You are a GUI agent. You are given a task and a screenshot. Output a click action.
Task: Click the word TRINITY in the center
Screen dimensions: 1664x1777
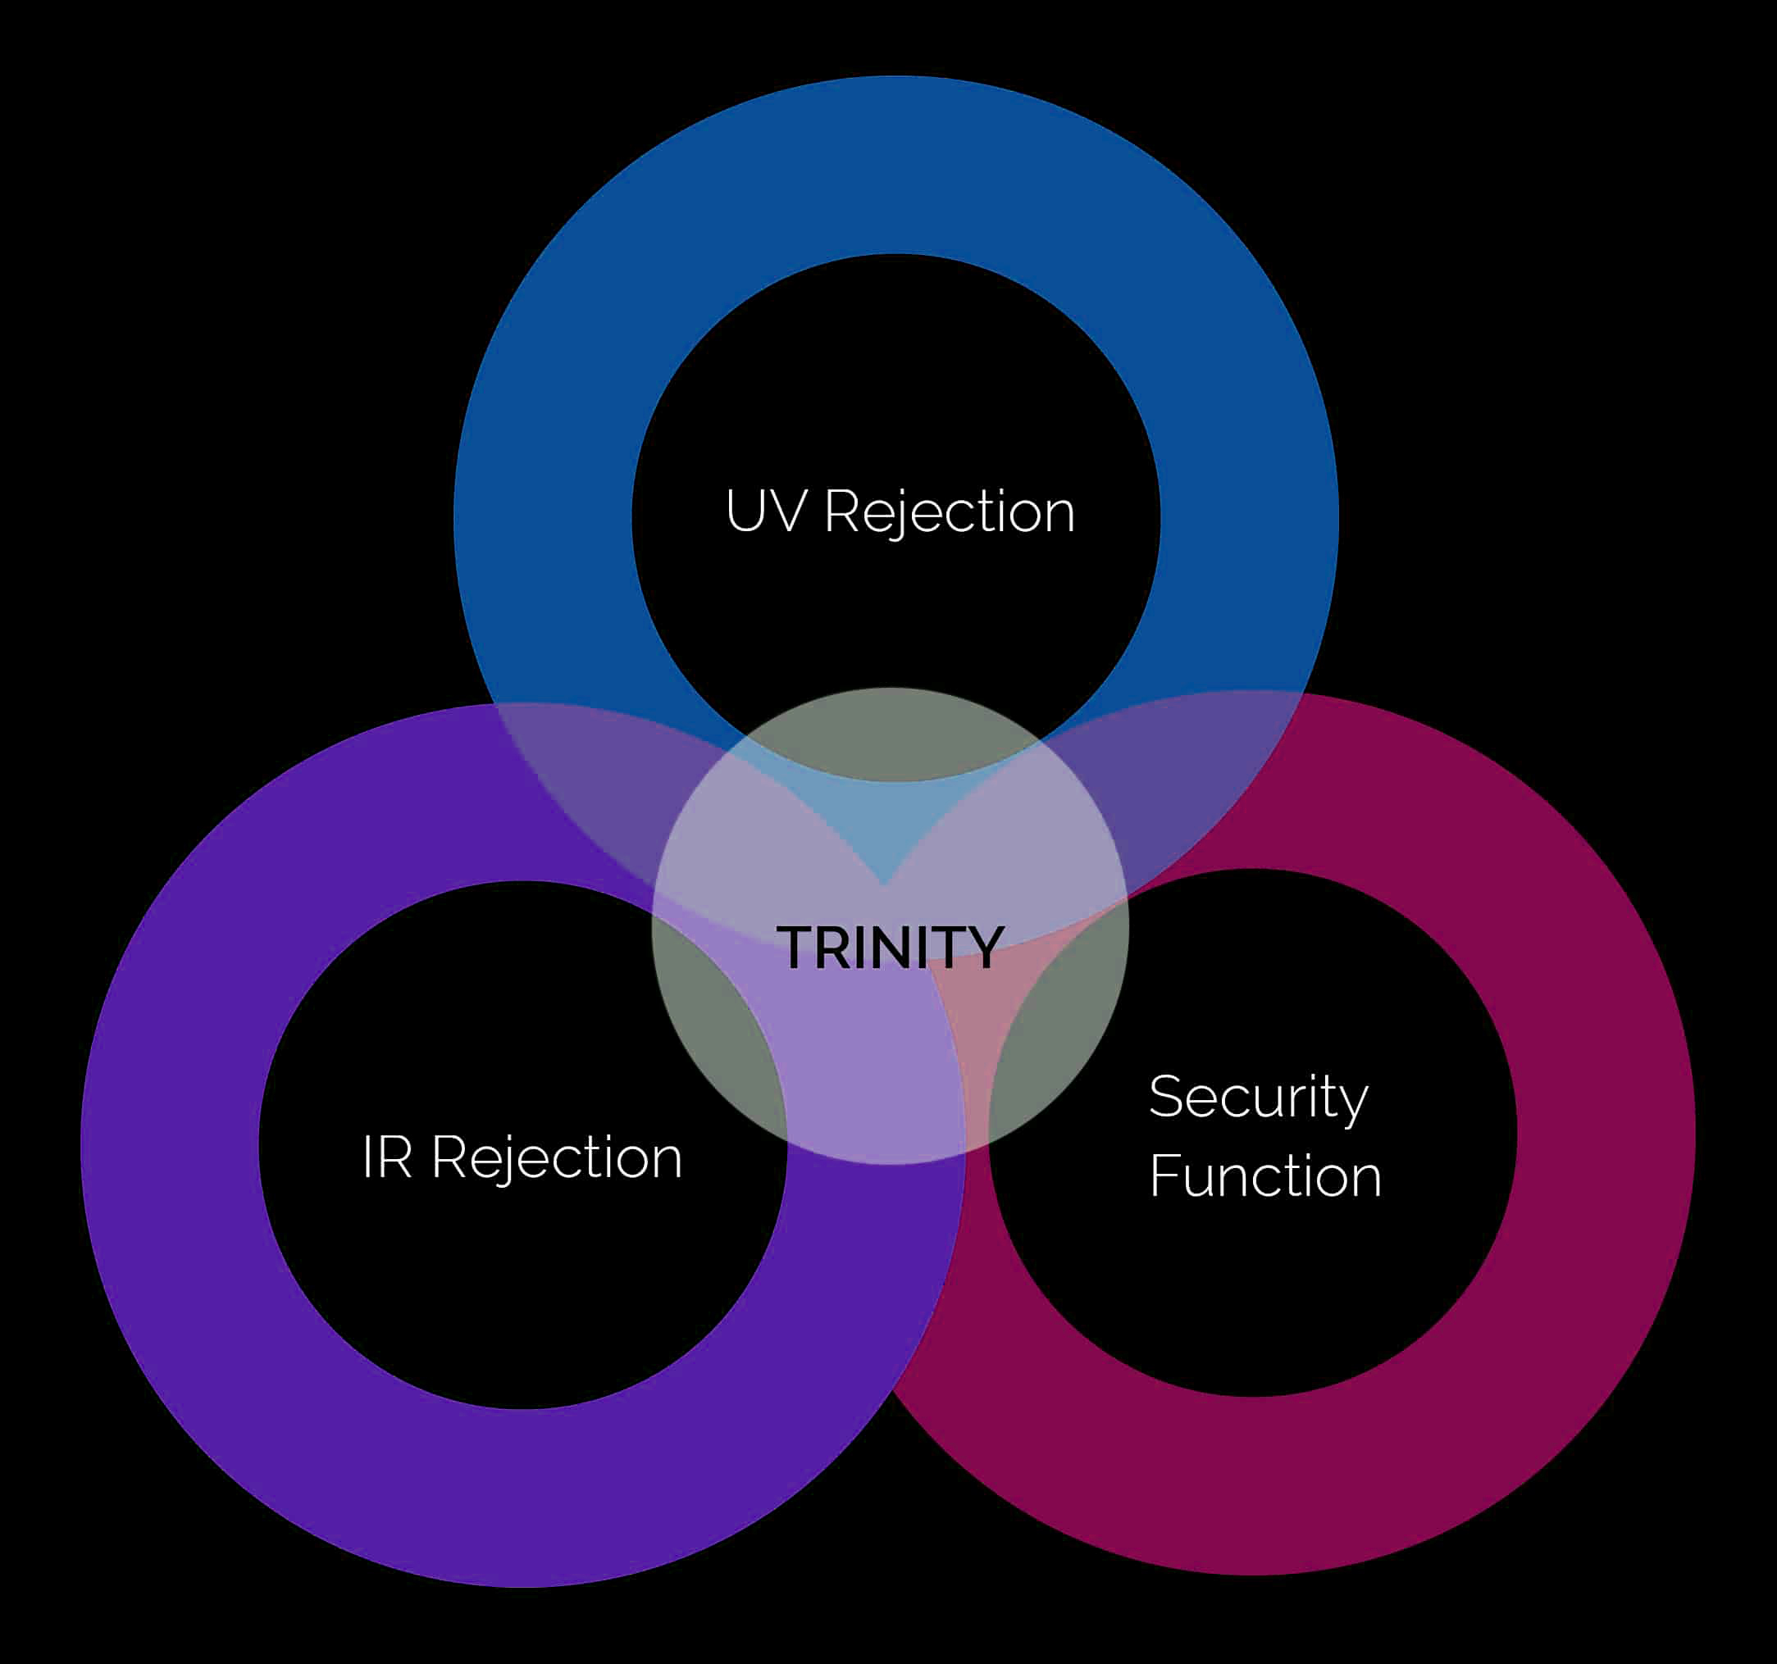pyautogui.click(x=891, y=948)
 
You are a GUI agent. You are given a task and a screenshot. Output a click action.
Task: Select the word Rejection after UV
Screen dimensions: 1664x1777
pyautogui.click(x=949, y=513)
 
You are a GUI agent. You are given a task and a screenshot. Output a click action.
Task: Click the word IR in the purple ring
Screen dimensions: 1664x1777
pyautogui.click(x=387, y=1157)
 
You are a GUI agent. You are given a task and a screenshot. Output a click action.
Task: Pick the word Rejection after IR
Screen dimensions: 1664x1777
pyautogui.click(x=557, y=1158)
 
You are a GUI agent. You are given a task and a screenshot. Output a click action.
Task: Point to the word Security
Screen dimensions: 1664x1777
pyautogui.click(x=1259, y=1098)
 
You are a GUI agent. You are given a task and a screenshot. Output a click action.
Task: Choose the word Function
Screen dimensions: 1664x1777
pyautogui.click(x=1265, y=1176)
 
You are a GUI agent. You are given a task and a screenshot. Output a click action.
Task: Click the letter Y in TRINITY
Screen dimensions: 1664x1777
pyautogui.click(x=986, y=948)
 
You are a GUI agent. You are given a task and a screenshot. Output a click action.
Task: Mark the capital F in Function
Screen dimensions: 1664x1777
pyautogui.click(x=1163, y=1176)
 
